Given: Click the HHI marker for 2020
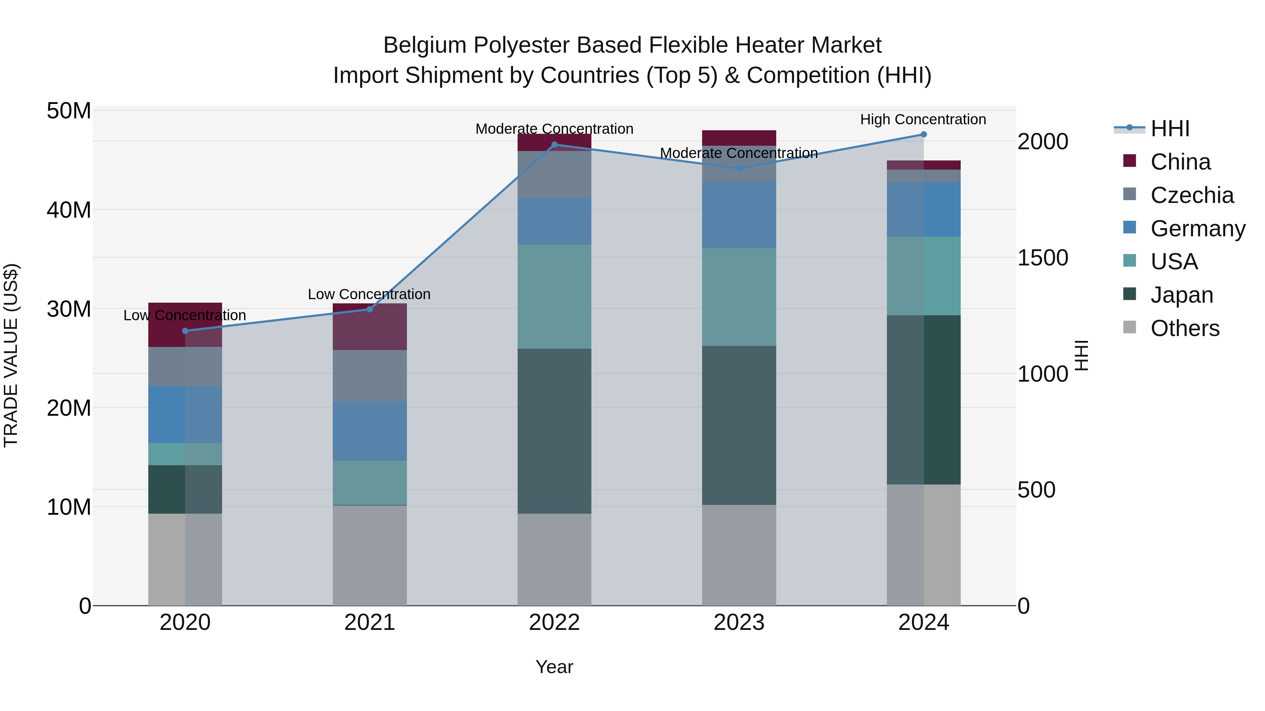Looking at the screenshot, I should pos(185,331).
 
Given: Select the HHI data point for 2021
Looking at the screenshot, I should pos(370,309).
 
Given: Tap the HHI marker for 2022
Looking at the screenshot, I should pos(554,145).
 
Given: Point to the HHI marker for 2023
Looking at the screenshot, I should pos(739,168).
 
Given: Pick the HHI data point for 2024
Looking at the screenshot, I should pos(924,134).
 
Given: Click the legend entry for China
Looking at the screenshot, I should pos(1180,162).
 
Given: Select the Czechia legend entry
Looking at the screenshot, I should pos(1192,195).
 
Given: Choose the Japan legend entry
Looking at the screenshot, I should pos(1181,295).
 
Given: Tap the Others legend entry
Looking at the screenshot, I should pos(1185,328).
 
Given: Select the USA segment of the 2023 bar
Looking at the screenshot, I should pos(739,297).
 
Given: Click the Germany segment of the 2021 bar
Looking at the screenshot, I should pos(370,431).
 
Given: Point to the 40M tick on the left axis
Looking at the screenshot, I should pos(69,210).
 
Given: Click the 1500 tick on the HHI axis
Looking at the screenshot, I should pos(1043,258).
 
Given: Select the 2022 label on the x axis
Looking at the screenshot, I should pos(554,623).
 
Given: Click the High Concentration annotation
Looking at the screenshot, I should pos(923,119).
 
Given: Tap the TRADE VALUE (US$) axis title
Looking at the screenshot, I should pos(11,355).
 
